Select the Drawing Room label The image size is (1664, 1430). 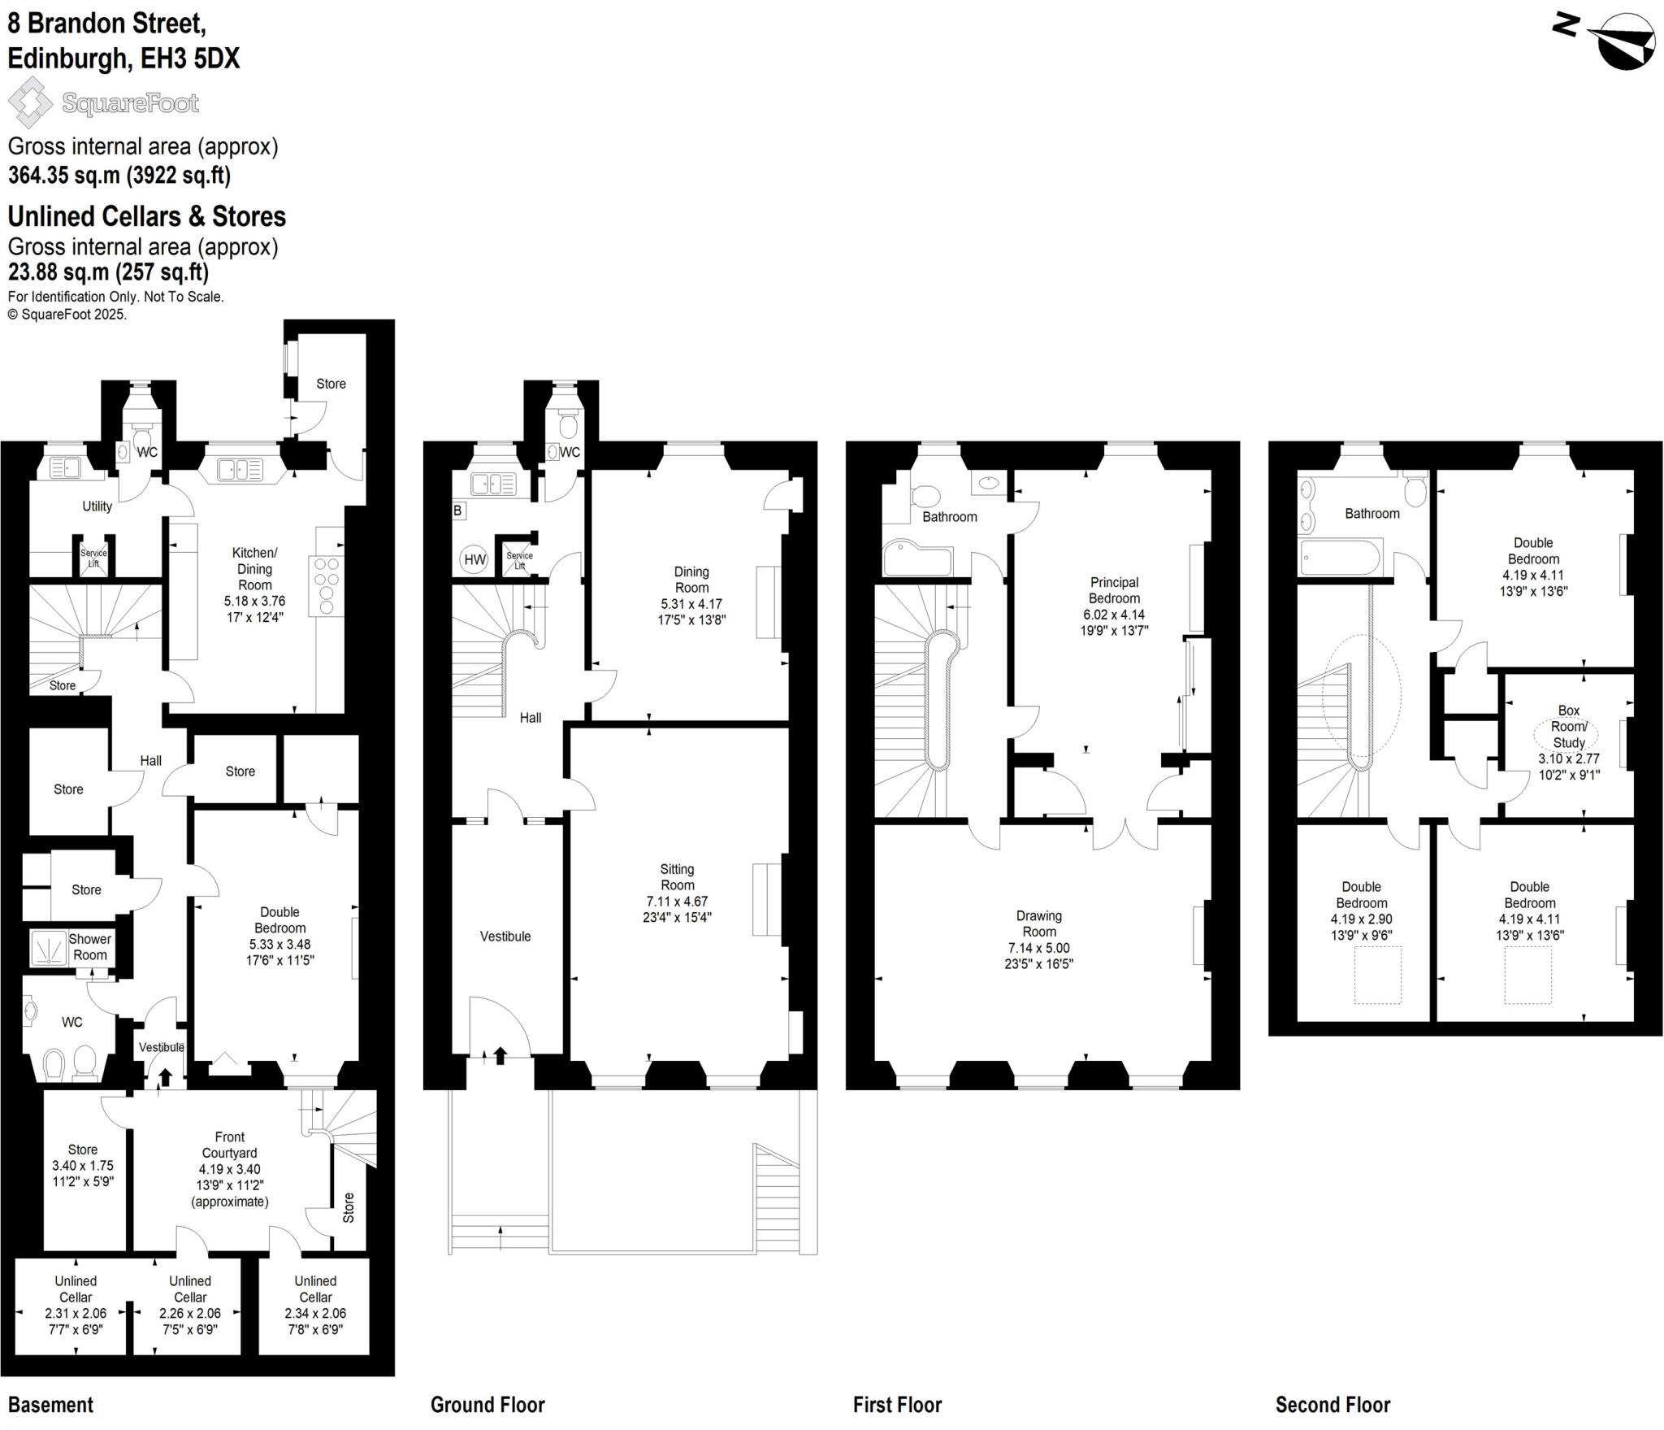click(1038, 924)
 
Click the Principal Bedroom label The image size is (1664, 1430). click(1114, 590)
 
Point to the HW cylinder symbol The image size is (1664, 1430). click(474, 559)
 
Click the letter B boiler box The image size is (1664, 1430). click(457, 511)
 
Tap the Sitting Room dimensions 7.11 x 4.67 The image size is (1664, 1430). click(677, 901)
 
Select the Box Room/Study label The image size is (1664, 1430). click(1568, 727)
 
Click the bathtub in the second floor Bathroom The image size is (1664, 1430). click(1340, 559)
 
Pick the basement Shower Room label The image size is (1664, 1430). click(89, 946)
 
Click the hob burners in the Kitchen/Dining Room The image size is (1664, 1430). click(327, 585)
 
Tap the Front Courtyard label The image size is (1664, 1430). click(229, 1145)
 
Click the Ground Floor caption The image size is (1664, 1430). click(487, 1404)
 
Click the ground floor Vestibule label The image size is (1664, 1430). click(505, 936)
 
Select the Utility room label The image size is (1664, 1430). click(97, 506)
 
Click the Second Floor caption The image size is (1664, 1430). click(1332, 1404)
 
